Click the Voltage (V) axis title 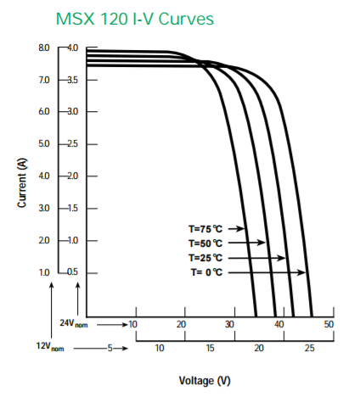(204, 380)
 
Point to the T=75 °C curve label (205, 228)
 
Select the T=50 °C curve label (205, 243)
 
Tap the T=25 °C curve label (205, 257)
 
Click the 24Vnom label (75, 324)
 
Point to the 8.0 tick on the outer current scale (44, 48)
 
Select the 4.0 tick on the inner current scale (71, 48)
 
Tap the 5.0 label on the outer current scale (44, 144)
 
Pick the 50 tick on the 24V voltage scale (329, 324)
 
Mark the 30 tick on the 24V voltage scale (230, 324)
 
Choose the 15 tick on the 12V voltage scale (210, 348)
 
